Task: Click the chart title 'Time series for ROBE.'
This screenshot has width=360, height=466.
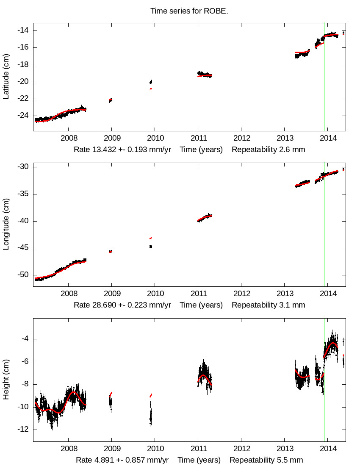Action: click(x=189, y=11)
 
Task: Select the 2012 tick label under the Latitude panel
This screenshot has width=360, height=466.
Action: click(x=241, y=139)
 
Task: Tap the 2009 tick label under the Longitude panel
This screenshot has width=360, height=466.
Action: click(x=111, y=294)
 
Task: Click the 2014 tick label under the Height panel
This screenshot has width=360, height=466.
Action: click(x=327, y=449)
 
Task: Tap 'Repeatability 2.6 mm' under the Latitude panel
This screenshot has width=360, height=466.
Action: click(x=269, y=150)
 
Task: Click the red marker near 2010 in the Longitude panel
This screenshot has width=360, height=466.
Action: click(x=151, y=238)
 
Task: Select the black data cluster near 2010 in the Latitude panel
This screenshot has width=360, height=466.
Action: click(x=151, y=82)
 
